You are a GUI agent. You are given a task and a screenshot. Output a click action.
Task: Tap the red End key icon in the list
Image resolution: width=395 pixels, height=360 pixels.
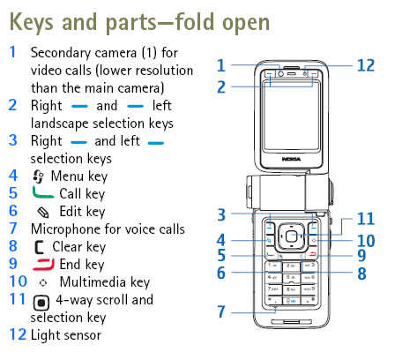click(43, 264)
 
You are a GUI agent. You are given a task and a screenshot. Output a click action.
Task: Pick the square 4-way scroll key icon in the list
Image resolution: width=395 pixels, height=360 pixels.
click(39, 300)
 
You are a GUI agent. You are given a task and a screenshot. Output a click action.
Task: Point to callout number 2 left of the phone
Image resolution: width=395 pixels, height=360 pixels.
click(222, 86)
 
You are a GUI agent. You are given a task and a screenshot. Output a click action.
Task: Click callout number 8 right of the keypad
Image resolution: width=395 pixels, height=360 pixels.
click(361, 274)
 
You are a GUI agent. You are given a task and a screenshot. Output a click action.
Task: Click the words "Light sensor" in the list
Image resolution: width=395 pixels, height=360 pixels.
click(65, 335)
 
